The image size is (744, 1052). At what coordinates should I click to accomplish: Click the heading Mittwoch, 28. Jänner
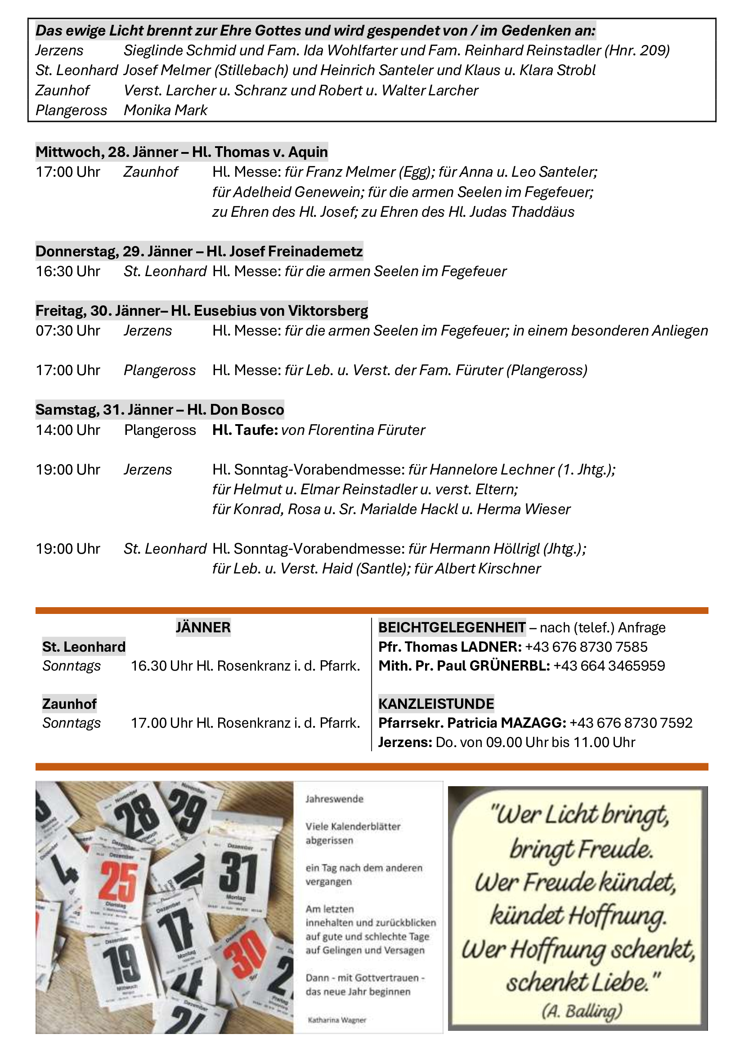coord(181,152)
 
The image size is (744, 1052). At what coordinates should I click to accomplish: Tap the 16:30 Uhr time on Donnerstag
coord(68,271)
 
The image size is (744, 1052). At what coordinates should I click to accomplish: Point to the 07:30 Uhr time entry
coord(68,331)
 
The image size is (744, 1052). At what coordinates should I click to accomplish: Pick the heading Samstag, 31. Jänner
coord(159,410)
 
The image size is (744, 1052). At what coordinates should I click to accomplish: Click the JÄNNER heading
coord(203,627)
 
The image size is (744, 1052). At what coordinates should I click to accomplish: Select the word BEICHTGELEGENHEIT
coord(452,627)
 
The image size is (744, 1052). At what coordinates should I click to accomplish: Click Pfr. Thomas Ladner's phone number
coord(586,647)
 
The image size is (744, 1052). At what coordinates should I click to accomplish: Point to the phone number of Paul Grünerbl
coord(609,666)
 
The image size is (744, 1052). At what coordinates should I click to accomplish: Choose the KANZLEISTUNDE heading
coord(436,704)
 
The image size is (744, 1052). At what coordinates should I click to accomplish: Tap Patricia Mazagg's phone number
coord(631,723)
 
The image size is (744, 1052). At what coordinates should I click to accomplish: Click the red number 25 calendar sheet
coord(119,882)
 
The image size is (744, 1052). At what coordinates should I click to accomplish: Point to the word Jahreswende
coord(334,799)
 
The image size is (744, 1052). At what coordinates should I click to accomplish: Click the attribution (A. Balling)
coord(581,1011)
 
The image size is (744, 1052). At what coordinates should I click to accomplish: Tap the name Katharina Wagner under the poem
coord(337,1020)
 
